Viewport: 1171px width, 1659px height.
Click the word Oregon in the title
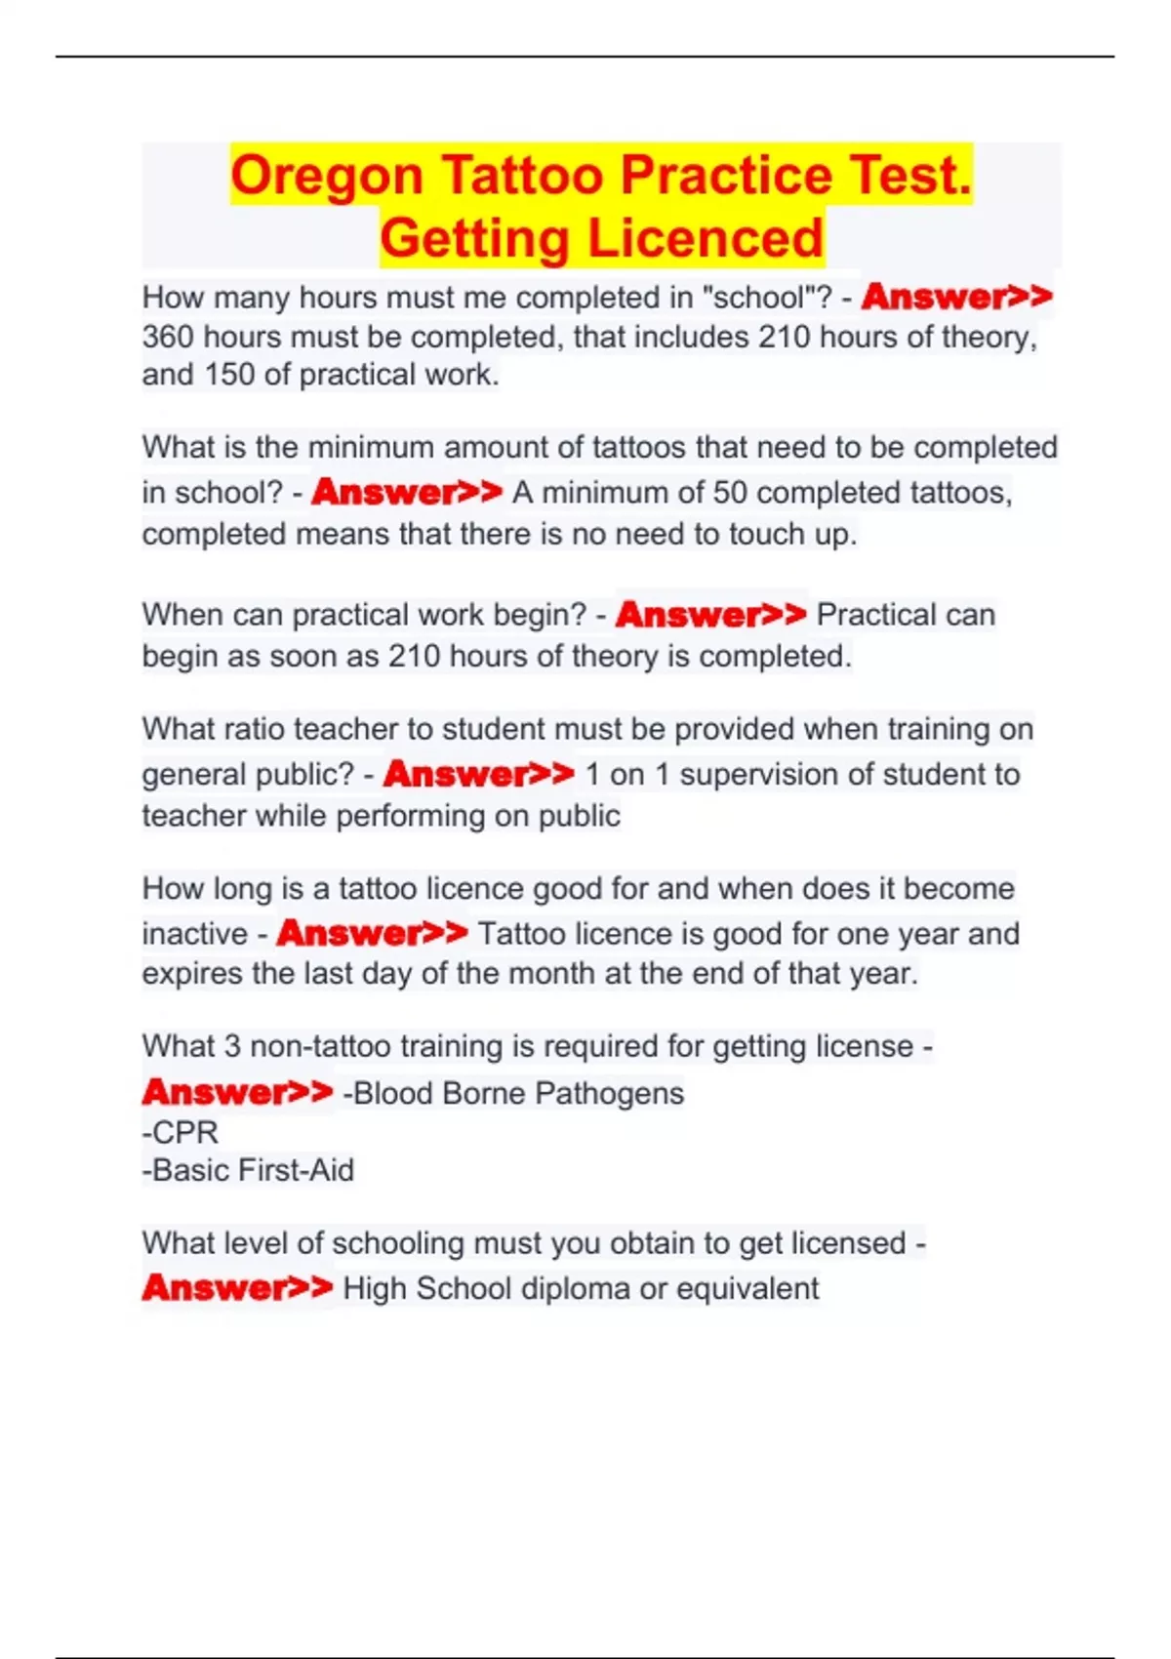(x=327, y=177)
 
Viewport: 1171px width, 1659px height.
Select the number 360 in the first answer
(x=168, y=338)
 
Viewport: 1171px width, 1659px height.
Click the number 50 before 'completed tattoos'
(x=729, y=493)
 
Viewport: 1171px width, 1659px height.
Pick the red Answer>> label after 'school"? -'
(x=956, y=297)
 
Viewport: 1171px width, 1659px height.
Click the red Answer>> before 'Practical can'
(x=710, y=615)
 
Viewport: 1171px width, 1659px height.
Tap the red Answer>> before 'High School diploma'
(x=237, y=1288)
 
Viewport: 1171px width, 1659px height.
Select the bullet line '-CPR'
(x=181, y=1132)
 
